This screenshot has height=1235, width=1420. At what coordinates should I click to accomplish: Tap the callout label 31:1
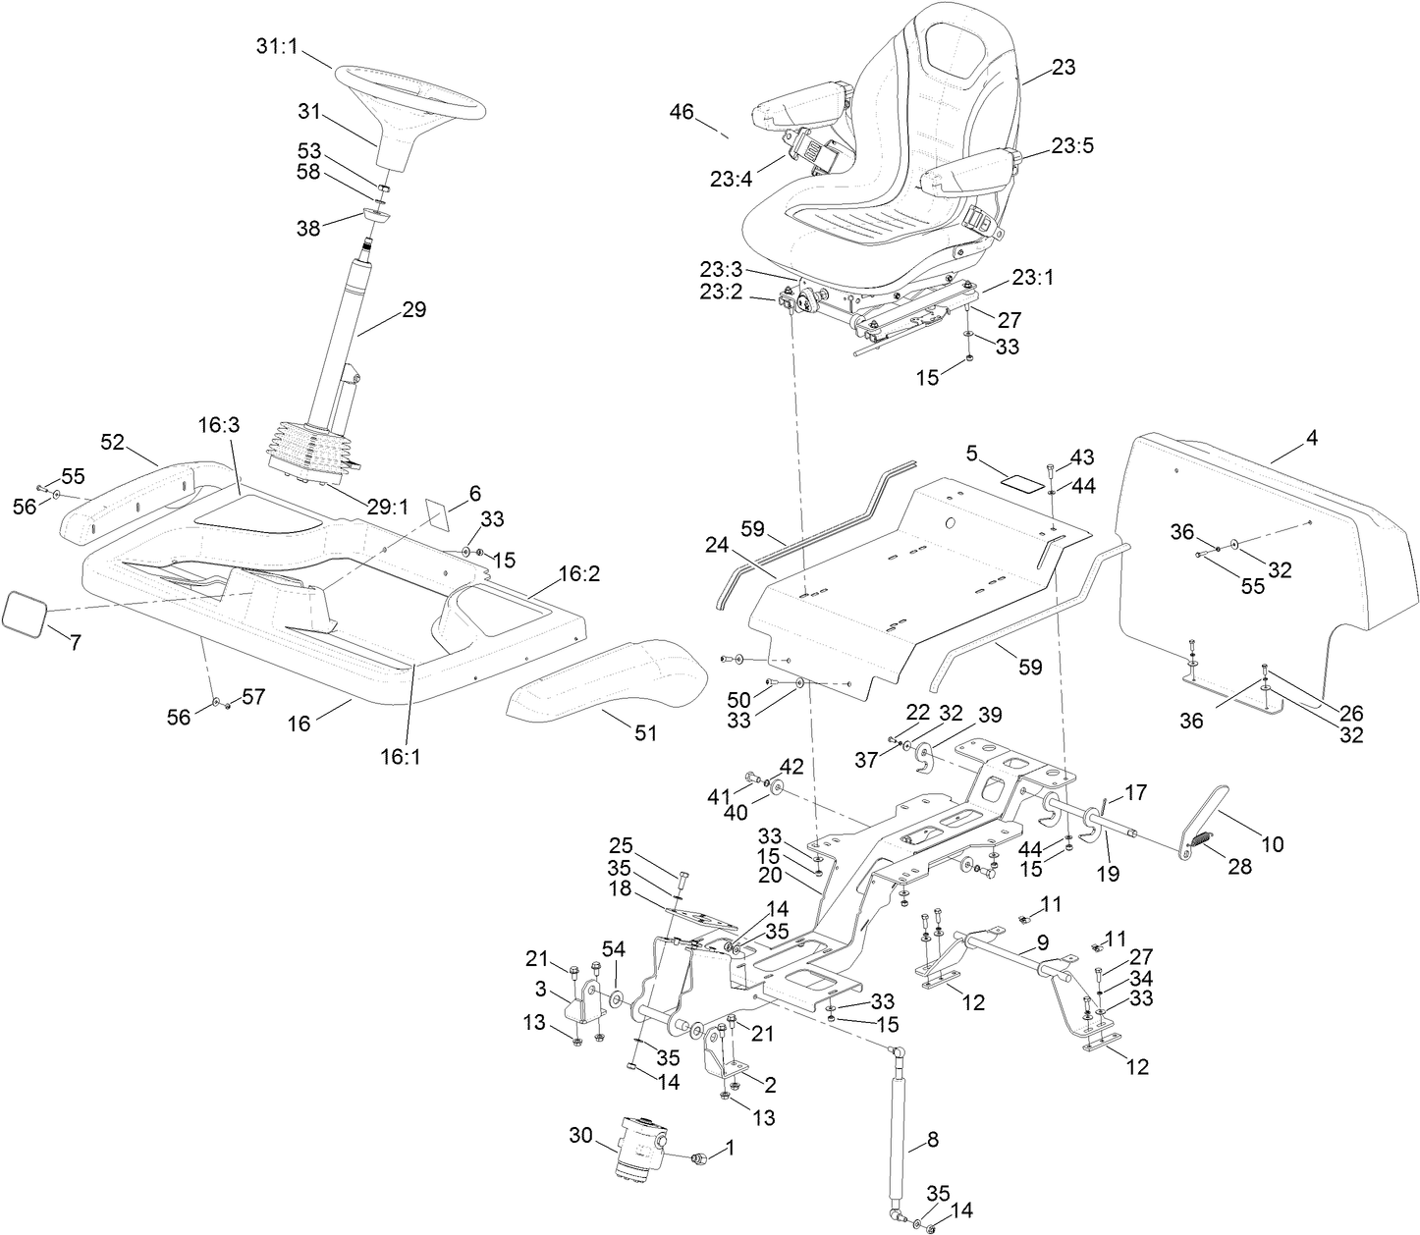tap(276, 46)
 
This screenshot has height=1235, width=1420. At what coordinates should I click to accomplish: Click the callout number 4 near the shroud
tap(1312, 439)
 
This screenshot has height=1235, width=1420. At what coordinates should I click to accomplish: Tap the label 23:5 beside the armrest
tap(1072, 146)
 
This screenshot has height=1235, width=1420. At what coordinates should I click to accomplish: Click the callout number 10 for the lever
tap(1272, 842)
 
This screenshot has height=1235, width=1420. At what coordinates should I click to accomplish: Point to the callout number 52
tap(112, 443)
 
